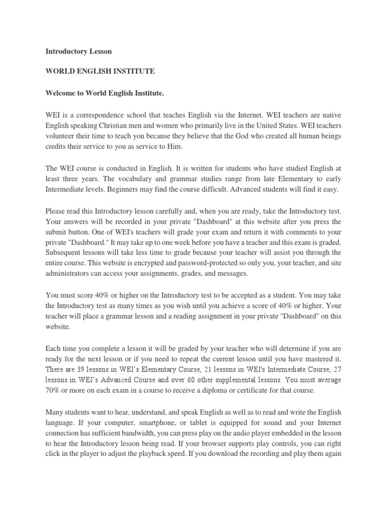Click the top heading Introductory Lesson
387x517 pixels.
[x=79, y=51]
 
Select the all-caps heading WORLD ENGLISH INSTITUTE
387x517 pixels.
[x=100, y=72]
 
